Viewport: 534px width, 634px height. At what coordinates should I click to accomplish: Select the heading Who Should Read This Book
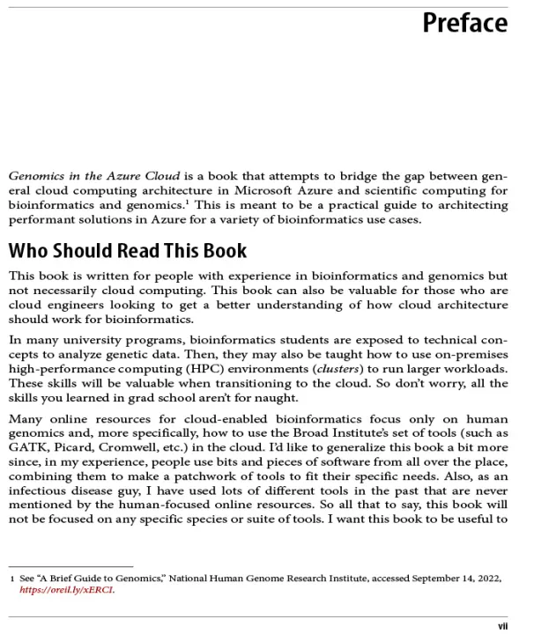click(x=128, y=252)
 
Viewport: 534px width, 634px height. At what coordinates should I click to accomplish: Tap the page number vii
click(x=502, y=626)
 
